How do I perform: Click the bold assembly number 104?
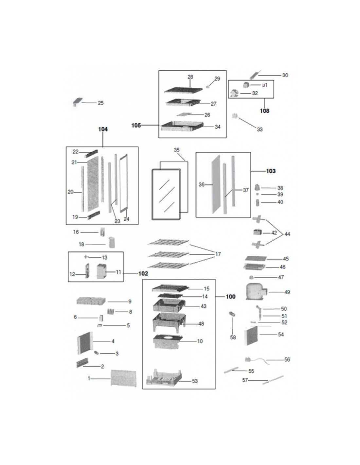(103, 129)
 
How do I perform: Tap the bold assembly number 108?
(264, 111)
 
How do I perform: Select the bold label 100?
(230, 297)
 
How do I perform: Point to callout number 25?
(101, 103)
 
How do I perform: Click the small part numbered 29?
(207, 87)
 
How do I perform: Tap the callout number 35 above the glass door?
(176, 150)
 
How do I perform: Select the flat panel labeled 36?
(216, 184)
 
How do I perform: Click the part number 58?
(233, 337)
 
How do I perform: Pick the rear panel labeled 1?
(123, 378)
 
